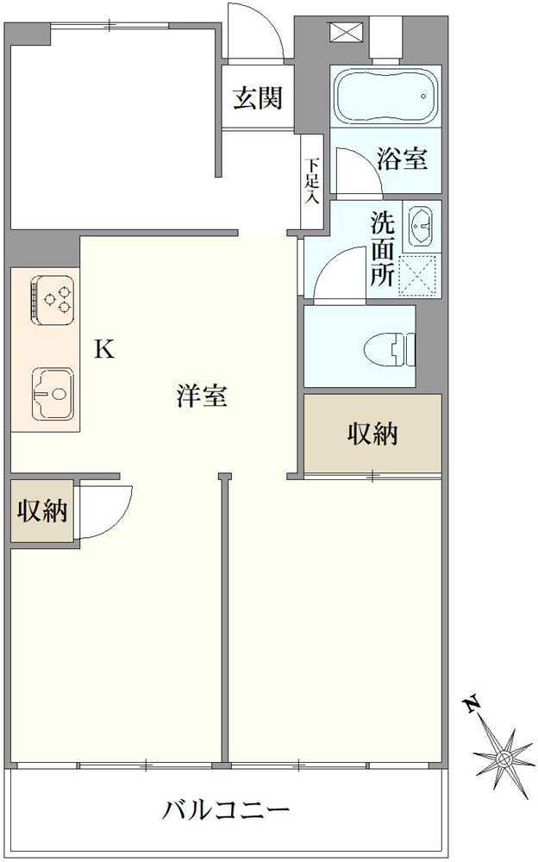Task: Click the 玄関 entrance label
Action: click(x=258, y=98)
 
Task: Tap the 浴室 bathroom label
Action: click(x=403, y=159)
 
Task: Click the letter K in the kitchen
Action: click(x=103, y=349)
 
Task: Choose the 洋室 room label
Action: click(x=202, y=397)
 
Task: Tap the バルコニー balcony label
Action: click(x=226, y=810)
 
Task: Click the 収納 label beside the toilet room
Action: click(x=372, y=434)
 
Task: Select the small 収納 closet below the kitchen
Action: click(x=42, y=511)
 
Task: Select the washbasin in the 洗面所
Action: click(x=420, y=225)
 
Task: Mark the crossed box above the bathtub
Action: click(x=341, y=31)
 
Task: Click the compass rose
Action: click(x=504, y=758)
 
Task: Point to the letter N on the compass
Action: click(x=472, y=705)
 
